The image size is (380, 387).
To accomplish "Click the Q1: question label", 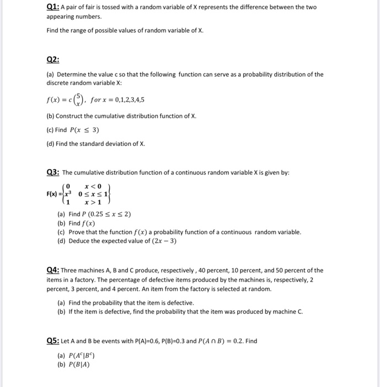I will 52,7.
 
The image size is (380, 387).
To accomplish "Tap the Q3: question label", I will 53,172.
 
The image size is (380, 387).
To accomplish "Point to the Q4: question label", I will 53,270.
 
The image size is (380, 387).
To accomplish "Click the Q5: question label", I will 53,341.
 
